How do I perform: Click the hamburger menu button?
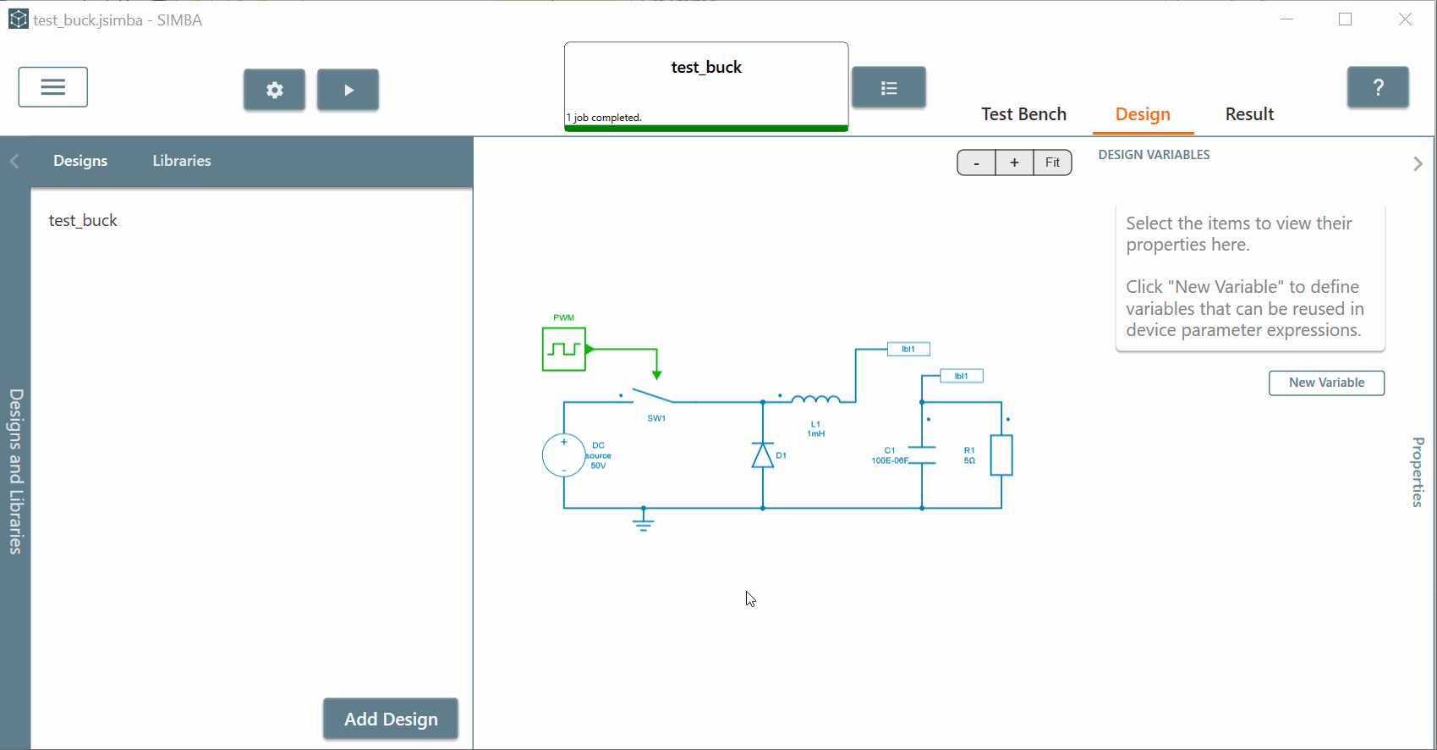point(52,87)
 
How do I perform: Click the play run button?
point(348,90)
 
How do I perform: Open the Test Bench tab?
point(1023,114)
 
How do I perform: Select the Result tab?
point(1249,114)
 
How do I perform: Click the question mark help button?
point(1378,87)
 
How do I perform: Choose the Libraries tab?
point(182,161)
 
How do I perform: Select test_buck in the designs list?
point(83,220)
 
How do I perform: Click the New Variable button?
point(1326,383)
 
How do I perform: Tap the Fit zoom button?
point(1052,163)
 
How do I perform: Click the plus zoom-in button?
point(1014,163)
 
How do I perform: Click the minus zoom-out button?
point(977,163)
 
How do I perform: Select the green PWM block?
point(564,349)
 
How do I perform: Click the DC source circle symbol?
point(563,455)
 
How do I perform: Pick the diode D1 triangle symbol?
point(763,455)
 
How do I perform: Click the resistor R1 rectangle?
point(1001,455)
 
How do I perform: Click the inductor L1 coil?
point(815,399)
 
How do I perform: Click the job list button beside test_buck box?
point(888,87)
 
